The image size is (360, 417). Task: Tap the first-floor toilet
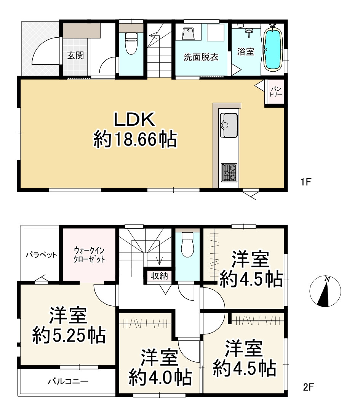point(131,43)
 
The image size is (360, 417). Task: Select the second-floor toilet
point(187,244)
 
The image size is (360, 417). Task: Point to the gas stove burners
point(229,173)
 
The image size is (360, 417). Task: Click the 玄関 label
point(75,56)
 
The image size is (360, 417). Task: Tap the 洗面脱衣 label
point(201,57)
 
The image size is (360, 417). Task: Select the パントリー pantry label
point(276,92)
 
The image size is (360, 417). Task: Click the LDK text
point(134,119)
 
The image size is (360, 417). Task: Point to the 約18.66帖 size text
point(135,139)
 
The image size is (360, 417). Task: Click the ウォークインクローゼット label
point(89,254)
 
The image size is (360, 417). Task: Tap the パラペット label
point(41,255)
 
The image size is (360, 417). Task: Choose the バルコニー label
point(68,381)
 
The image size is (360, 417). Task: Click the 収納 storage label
point(159,276)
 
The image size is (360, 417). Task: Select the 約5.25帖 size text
point(69,336)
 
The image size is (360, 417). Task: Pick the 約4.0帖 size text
point(160,377)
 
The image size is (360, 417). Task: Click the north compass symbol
point(325,291)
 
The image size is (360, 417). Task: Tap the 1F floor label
point(306,182)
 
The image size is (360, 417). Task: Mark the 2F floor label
point(309,387)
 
